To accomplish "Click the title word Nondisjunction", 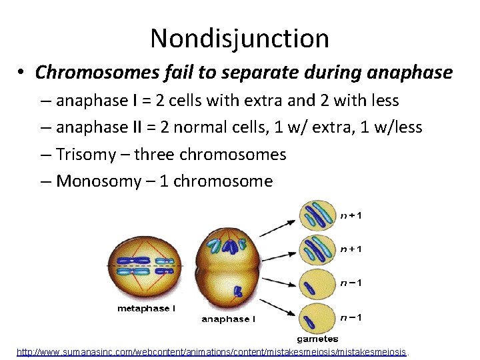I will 239,39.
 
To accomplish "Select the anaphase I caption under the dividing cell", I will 228,319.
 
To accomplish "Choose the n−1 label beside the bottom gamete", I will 351,317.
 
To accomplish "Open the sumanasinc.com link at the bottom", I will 212,351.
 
